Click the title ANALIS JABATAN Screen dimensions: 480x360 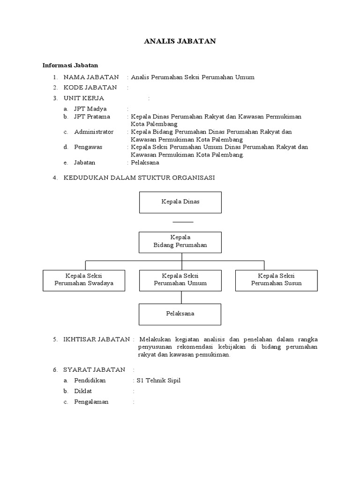click(x=180, y=42)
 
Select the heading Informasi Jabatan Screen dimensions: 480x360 click(x=70, y=65)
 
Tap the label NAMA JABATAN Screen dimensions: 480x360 click(x=91, y=77)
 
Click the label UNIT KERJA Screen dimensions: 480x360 click(x=84, y=98)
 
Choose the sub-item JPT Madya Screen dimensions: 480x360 click(x=90, y=109)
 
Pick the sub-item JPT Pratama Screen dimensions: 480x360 click(x=92, y=116)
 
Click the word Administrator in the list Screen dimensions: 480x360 click(x=94, y=132)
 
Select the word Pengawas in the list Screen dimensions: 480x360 click(x=88, y=147)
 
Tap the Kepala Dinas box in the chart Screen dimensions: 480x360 click(x=180, y=202)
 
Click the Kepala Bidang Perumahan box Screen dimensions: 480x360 click(x=180, y=241)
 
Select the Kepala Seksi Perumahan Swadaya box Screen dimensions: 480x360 click(x=84, y=280)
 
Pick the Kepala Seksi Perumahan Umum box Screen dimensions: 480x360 click(x=180, y=280)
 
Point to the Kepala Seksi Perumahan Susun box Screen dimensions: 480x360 click(x=276, y=280)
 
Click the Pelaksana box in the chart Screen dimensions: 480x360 click(x=180, y=314)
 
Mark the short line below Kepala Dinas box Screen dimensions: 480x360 click(x=182, y=221)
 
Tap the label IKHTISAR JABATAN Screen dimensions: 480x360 click(x=96, y=339)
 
